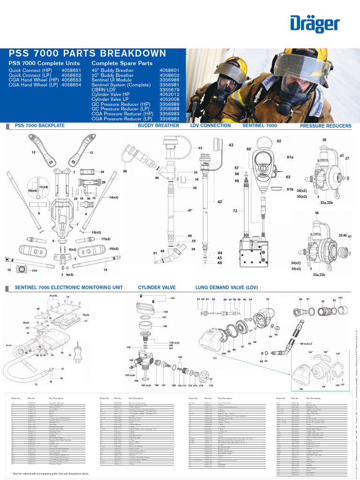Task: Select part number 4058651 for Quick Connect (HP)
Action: pos(71,70)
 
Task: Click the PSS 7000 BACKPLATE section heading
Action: pos(40,126)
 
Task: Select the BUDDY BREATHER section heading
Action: pos(158,126)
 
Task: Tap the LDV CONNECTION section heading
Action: pos(210,126)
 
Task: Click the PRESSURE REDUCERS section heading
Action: pos(325,126)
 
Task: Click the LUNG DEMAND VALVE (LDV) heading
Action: pos(226,287)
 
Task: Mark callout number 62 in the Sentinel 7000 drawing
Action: pos(279,141)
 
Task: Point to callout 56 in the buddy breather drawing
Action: pos(125,172)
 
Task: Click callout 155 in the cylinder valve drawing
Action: pos(172,298)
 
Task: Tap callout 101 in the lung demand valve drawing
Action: pos(340,298)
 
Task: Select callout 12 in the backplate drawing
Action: pos(34,153)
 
